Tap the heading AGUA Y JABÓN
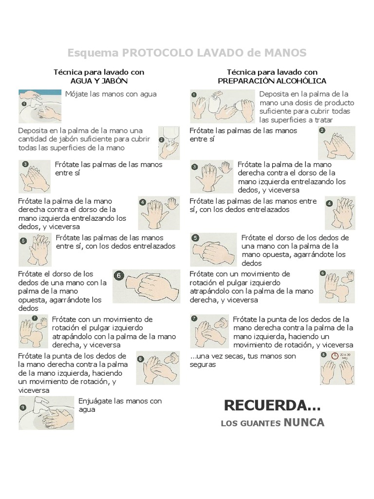[x=99, y=81]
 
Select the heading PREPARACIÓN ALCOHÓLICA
[x=272, y=81]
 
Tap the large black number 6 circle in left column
[x=118, y=276]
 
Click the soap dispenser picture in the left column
[x=168, y=142]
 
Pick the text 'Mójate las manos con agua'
[x=111, y=94]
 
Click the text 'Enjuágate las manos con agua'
[x=120, y=405]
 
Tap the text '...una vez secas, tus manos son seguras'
[x=243, y=360]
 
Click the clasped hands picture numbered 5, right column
[x=213, y=250]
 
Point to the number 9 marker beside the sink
[x=22, y=407]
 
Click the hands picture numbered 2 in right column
[x=337, y=142]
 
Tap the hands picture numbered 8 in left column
[x=158, y=367]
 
